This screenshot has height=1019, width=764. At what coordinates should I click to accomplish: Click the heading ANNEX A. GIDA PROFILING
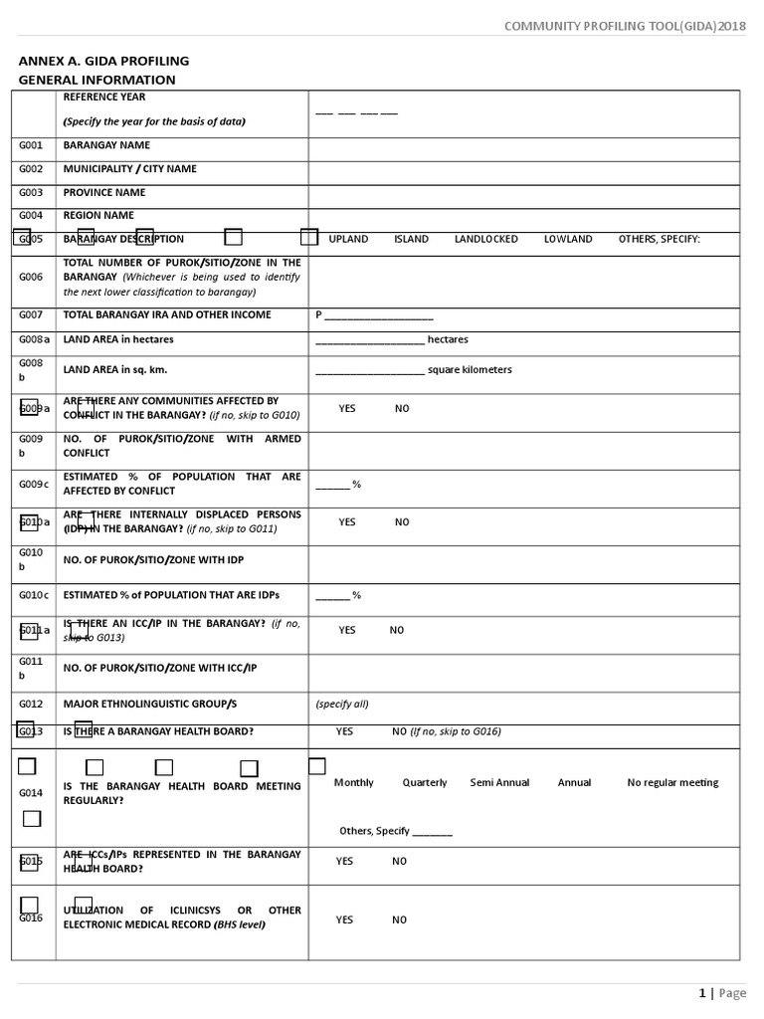[x=103, y=62]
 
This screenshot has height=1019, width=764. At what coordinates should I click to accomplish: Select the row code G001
[x=31, y=145]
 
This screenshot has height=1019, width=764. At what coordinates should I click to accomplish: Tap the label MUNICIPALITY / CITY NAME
[x=130, y=169]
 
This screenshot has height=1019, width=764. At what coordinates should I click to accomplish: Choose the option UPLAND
[x=348, y=239]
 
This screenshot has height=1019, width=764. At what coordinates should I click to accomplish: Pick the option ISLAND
[x=411, y=239]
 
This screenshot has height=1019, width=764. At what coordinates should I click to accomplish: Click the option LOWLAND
[x=568, y=239]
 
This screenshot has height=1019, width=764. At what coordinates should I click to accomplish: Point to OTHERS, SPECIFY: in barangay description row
[x=659, y=239]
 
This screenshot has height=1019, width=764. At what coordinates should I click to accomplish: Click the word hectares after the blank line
[x=448, y=339]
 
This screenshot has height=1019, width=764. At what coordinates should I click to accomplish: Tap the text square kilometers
[x=470, y=370]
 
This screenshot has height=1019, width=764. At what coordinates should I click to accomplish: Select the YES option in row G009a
[x=347, y=409]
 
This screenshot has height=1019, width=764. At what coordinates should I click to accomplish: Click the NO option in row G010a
[x=402, y=522]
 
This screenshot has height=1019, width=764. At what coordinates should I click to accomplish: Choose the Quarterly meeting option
[x=425, y=783]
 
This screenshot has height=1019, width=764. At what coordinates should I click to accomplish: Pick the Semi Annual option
[x=499, y=783]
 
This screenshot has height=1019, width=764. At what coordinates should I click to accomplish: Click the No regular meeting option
[x=672, y=783]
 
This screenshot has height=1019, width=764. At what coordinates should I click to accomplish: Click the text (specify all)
[x=342, y=704]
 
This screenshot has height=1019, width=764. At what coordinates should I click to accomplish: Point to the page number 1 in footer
[x=702, y=993]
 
